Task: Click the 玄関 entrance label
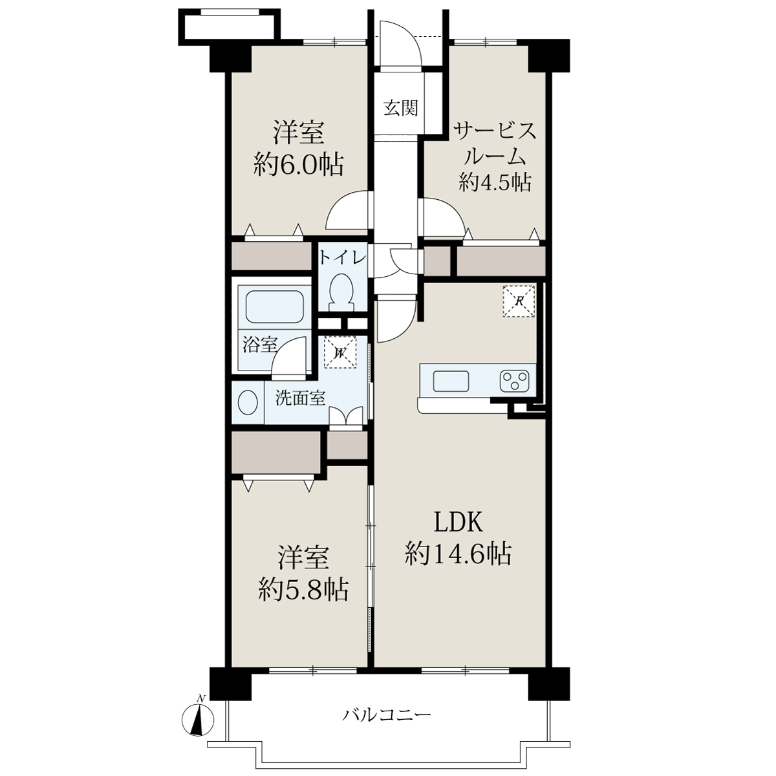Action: [x=400, y=109]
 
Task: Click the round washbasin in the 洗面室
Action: [x=248, y=402]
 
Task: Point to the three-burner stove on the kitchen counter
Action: [x=514, y=380]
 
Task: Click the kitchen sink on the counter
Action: [x=451, y=380]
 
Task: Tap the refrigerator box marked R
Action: [x=519, y=301]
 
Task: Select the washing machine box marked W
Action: [x=341, y=352]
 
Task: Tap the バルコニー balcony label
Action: [x=387, y=715]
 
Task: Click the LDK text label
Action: [x=457, y=524]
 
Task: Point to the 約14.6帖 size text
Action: [x=458, y=554]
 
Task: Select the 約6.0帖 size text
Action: [x=298, y=165]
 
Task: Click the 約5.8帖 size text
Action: [x=303, y=590]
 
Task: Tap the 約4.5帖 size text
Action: [x=495, y=182]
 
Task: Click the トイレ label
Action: [x=343, y=258]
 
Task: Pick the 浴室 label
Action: [x=260, y=345]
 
